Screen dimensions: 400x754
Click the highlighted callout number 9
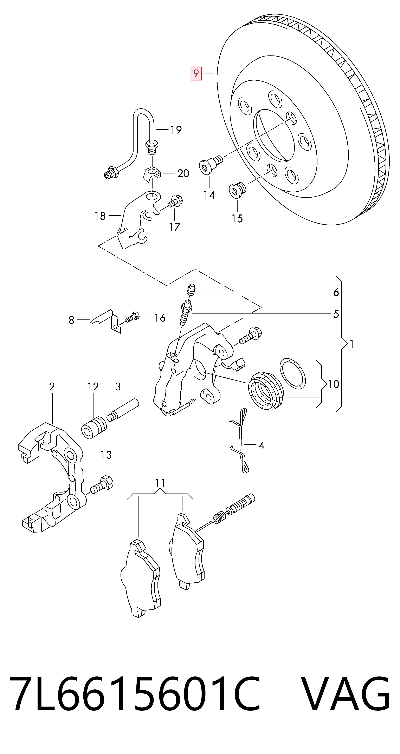(x=196, y=73)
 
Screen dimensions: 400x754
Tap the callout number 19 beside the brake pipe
(x=176, y=130)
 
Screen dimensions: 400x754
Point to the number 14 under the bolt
(x=209, y=195)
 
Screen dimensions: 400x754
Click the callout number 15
(x=237, y=218)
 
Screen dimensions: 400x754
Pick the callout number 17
(x=175, y=227)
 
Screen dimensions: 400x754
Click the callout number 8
(x=71, y=320)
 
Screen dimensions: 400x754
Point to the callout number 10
(x=333, y=384)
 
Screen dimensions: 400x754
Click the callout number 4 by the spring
(x=262, y=445)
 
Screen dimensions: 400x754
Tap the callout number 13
(x=106, y=455)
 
